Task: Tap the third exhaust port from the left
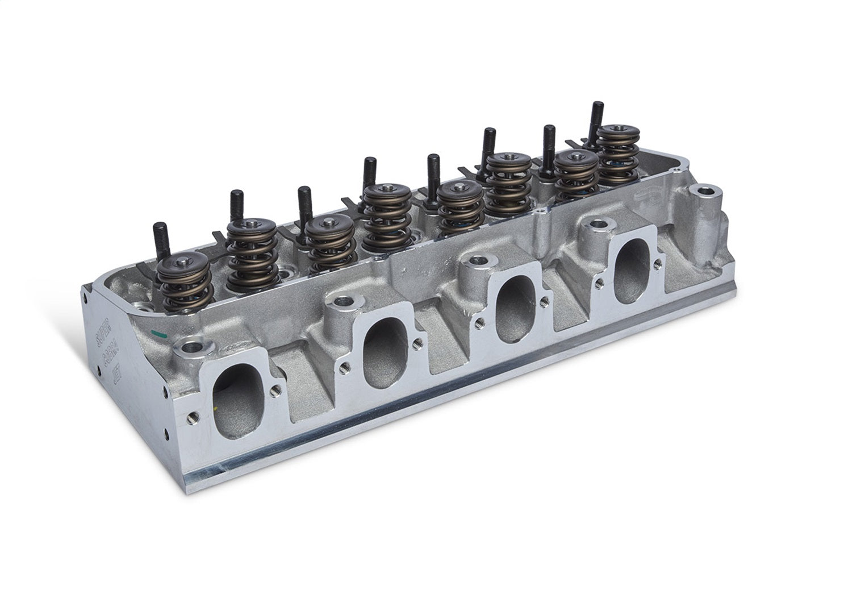(x=510, y=307)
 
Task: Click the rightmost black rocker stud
(x=598, y=117)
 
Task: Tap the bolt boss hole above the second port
(x=343, y=301)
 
